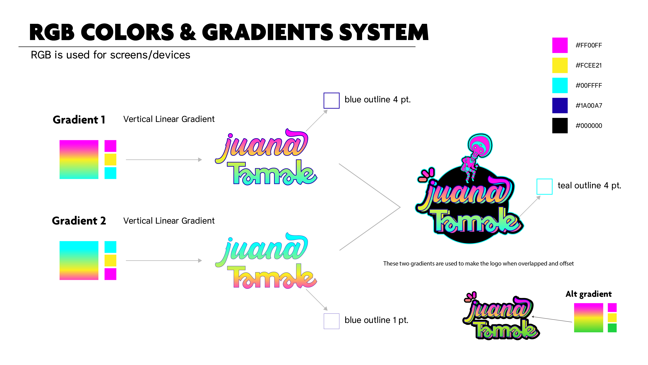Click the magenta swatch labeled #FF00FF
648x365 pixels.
[x=560, y=45]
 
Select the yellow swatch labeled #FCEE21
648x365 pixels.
[x=560, y=65]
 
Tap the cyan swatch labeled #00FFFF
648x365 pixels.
[x=560, y=85]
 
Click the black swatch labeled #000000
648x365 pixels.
[x=560, y=125]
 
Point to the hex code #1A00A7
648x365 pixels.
[x=589, y=106]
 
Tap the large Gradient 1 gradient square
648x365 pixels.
[x=79, y=159]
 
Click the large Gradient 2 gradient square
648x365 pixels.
[x=79, y=260]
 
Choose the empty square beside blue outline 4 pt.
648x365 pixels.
[x=331, y=100]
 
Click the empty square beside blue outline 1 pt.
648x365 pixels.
[x=331, y=321]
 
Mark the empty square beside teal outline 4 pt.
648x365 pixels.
[x=544, y=187]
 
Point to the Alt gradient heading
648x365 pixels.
[x=588, y=294]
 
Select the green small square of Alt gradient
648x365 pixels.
[x=612, y=328]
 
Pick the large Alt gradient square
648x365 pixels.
[x=588, y=318]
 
